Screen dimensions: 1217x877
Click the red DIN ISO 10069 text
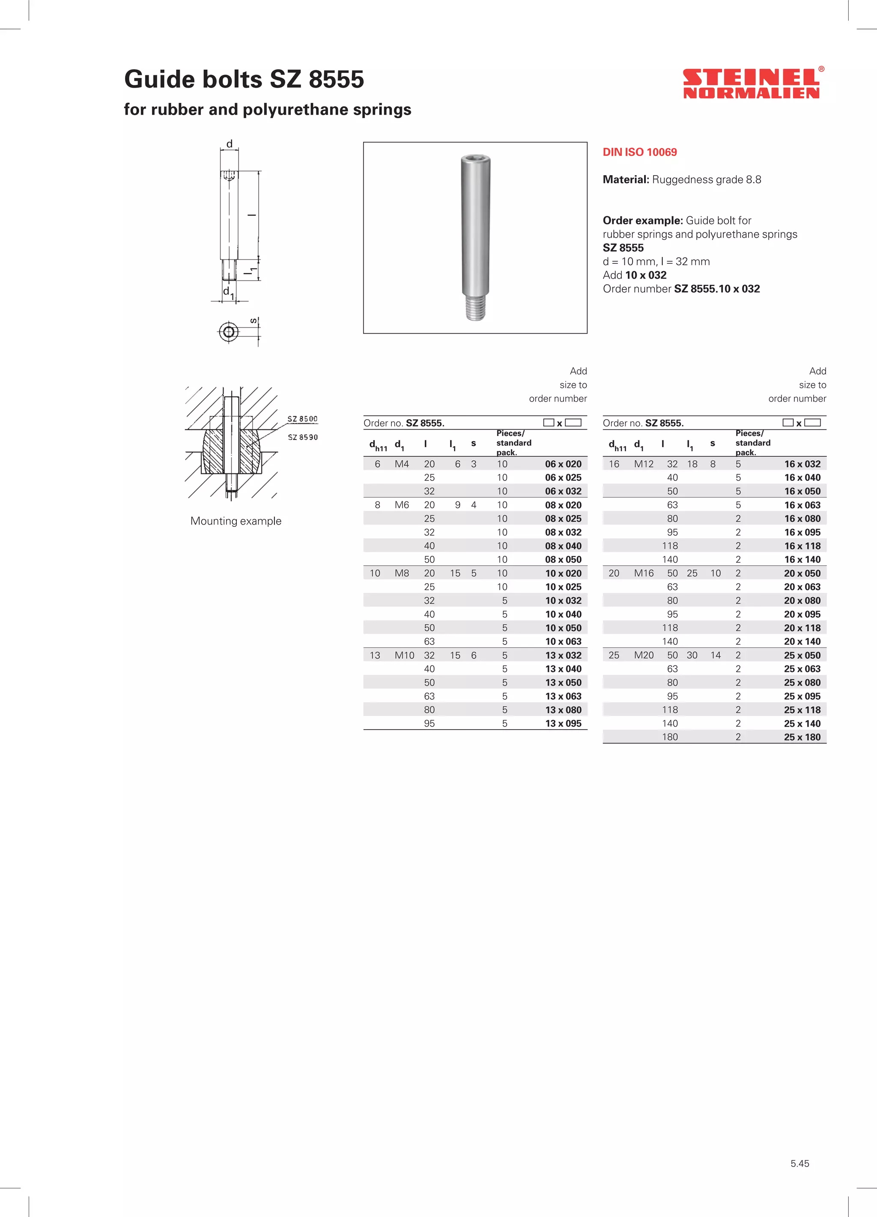(639, 152)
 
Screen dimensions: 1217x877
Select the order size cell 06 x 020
(563, 464)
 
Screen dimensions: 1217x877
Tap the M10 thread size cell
(404, 655)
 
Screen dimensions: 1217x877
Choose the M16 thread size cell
(644, 573)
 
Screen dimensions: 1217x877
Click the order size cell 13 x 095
(563, 723)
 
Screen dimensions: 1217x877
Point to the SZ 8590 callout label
(303, 437)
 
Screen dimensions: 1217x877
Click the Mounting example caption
(236, 521)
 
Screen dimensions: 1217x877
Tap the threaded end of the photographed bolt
(475, 310)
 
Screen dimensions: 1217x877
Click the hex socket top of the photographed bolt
(475, 159)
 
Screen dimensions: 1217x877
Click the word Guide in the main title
(159, 79)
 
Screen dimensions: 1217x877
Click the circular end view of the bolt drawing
(229, 331)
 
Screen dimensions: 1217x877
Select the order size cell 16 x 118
(802, 546)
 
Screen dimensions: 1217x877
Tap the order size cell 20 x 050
(802, 573)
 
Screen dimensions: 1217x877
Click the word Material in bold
(625, 180)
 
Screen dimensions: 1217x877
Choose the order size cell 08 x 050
(563, 560)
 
